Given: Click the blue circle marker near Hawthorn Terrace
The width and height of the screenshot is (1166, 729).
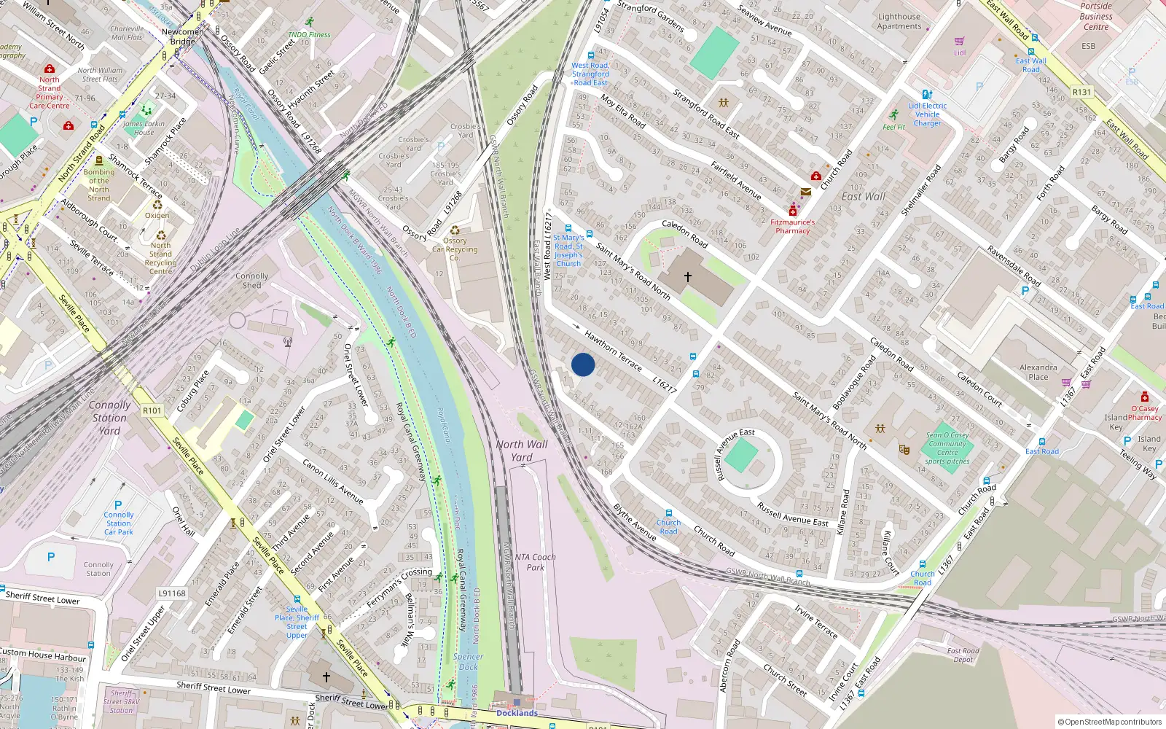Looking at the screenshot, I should [x=583, y=364].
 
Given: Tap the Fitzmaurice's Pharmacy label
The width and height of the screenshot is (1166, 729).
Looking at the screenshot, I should [x=793, y=226].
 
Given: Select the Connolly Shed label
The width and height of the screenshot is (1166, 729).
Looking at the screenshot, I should [x=251, y=281].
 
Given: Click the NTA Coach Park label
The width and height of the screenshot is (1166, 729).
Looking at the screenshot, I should [x=535, y=562].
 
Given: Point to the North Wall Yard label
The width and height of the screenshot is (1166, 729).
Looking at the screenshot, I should [x=522, y=451].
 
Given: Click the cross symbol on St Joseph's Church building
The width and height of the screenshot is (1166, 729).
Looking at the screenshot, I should [x=688, y=277].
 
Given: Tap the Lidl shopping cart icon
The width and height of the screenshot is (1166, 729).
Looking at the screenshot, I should [x=959, y=42].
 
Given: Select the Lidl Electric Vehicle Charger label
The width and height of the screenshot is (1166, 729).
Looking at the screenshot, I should [x=927, y=114].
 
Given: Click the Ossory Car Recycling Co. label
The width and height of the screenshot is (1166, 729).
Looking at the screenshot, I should [x=455, y=249].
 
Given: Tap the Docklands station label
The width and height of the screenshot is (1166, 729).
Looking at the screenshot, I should [x=517, y=713].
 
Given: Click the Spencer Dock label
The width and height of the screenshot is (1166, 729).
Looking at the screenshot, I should [x=468, y=661].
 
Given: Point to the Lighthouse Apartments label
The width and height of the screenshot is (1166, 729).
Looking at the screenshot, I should [x=899, y=21].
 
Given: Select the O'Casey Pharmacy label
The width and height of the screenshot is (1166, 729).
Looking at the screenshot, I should [x=1144, y=413].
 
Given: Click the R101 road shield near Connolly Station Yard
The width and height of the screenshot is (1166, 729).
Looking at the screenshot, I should [x=152, y=410].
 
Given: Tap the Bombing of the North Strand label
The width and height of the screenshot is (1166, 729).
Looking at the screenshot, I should [x=99, y=185].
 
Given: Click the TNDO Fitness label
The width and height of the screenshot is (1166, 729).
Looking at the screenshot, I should [x=309, y=34].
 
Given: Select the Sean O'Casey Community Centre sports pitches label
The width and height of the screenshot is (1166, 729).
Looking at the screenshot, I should [x=947, y=448].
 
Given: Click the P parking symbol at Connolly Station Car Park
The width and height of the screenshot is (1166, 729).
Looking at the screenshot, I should [x=118, y=504].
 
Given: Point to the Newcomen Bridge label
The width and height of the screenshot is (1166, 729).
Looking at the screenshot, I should [x=183, y=36].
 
